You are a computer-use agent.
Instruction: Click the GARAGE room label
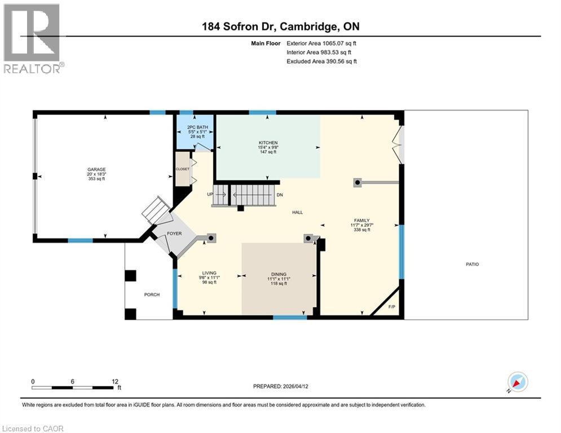pos(96,170)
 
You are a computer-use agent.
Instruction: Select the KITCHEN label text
pos(268,143)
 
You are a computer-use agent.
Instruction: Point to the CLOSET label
pos(182,169)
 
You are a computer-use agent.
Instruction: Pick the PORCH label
pos(152,294)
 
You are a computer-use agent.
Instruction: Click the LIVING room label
pos(209,273)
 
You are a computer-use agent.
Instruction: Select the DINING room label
pos(279,275)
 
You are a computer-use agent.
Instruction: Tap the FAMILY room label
pos(361,220)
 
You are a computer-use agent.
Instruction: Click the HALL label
pos(297,213)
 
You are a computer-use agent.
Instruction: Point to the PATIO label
pos(472,264)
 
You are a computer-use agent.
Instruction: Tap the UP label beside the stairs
pos(210,195)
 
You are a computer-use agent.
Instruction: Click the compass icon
pos(517,382)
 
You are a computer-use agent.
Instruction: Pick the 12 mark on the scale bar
pos(115,382)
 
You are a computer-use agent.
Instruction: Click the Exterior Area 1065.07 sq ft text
pos(322,43)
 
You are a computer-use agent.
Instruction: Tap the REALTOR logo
pos(33,38)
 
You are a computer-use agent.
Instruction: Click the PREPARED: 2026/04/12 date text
pos(281,387)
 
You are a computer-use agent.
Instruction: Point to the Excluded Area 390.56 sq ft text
pos(322,61)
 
